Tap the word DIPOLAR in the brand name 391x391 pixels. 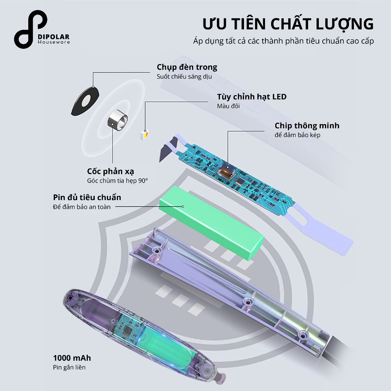point(54,36)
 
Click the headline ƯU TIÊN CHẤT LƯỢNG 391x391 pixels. point(288,24)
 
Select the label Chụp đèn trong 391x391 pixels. point(187,67)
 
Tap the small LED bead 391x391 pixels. point(145,134)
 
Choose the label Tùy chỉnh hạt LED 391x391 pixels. point(252,97)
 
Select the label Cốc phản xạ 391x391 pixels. point(110,171)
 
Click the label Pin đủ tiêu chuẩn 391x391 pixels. point(87,197)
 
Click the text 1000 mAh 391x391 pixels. point(72,358)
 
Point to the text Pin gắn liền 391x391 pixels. point(69,367)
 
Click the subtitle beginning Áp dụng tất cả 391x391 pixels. point(283,41)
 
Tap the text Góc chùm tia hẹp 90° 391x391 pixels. point(117,181)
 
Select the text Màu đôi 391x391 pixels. point(228,106)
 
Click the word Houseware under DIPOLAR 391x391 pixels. point(54,42)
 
